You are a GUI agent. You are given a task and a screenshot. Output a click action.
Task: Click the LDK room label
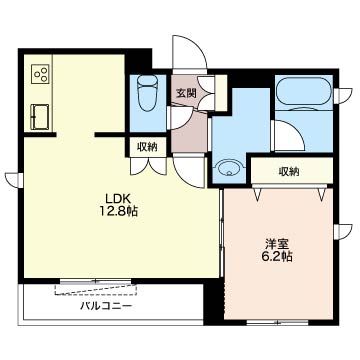tap(118, 199)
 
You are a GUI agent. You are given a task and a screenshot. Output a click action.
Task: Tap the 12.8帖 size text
tap(118, 211)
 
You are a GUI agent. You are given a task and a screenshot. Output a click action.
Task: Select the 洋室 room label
tap(277, 245)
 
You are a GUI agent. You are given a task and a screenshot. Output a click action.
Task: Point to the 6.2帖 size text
tap(277, 257)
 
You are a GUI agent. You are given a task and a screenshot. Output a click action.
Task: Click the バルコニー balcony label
tap(106, 306)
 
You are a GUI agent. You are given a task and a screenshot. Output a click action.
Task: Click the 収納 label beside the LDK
tap(148, 146)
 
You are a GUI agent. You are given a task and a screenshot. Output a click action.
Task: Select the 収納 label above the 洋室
tap(289, 172)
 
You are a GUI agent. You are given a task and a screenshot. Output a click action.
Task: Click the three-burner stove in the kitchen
tap(40, 74)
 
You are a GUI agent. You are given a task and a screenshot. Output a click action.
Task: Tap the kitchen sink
tap(40, 116)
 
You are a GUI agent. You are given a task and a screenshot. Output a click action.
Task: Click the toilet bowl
tap(148, 93)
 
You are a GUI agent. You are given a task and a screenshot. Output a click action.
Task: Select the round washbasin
tap(229, 168)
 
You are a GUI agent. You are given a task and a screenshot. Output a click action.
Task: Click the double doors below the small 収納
tap(148, 166)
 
